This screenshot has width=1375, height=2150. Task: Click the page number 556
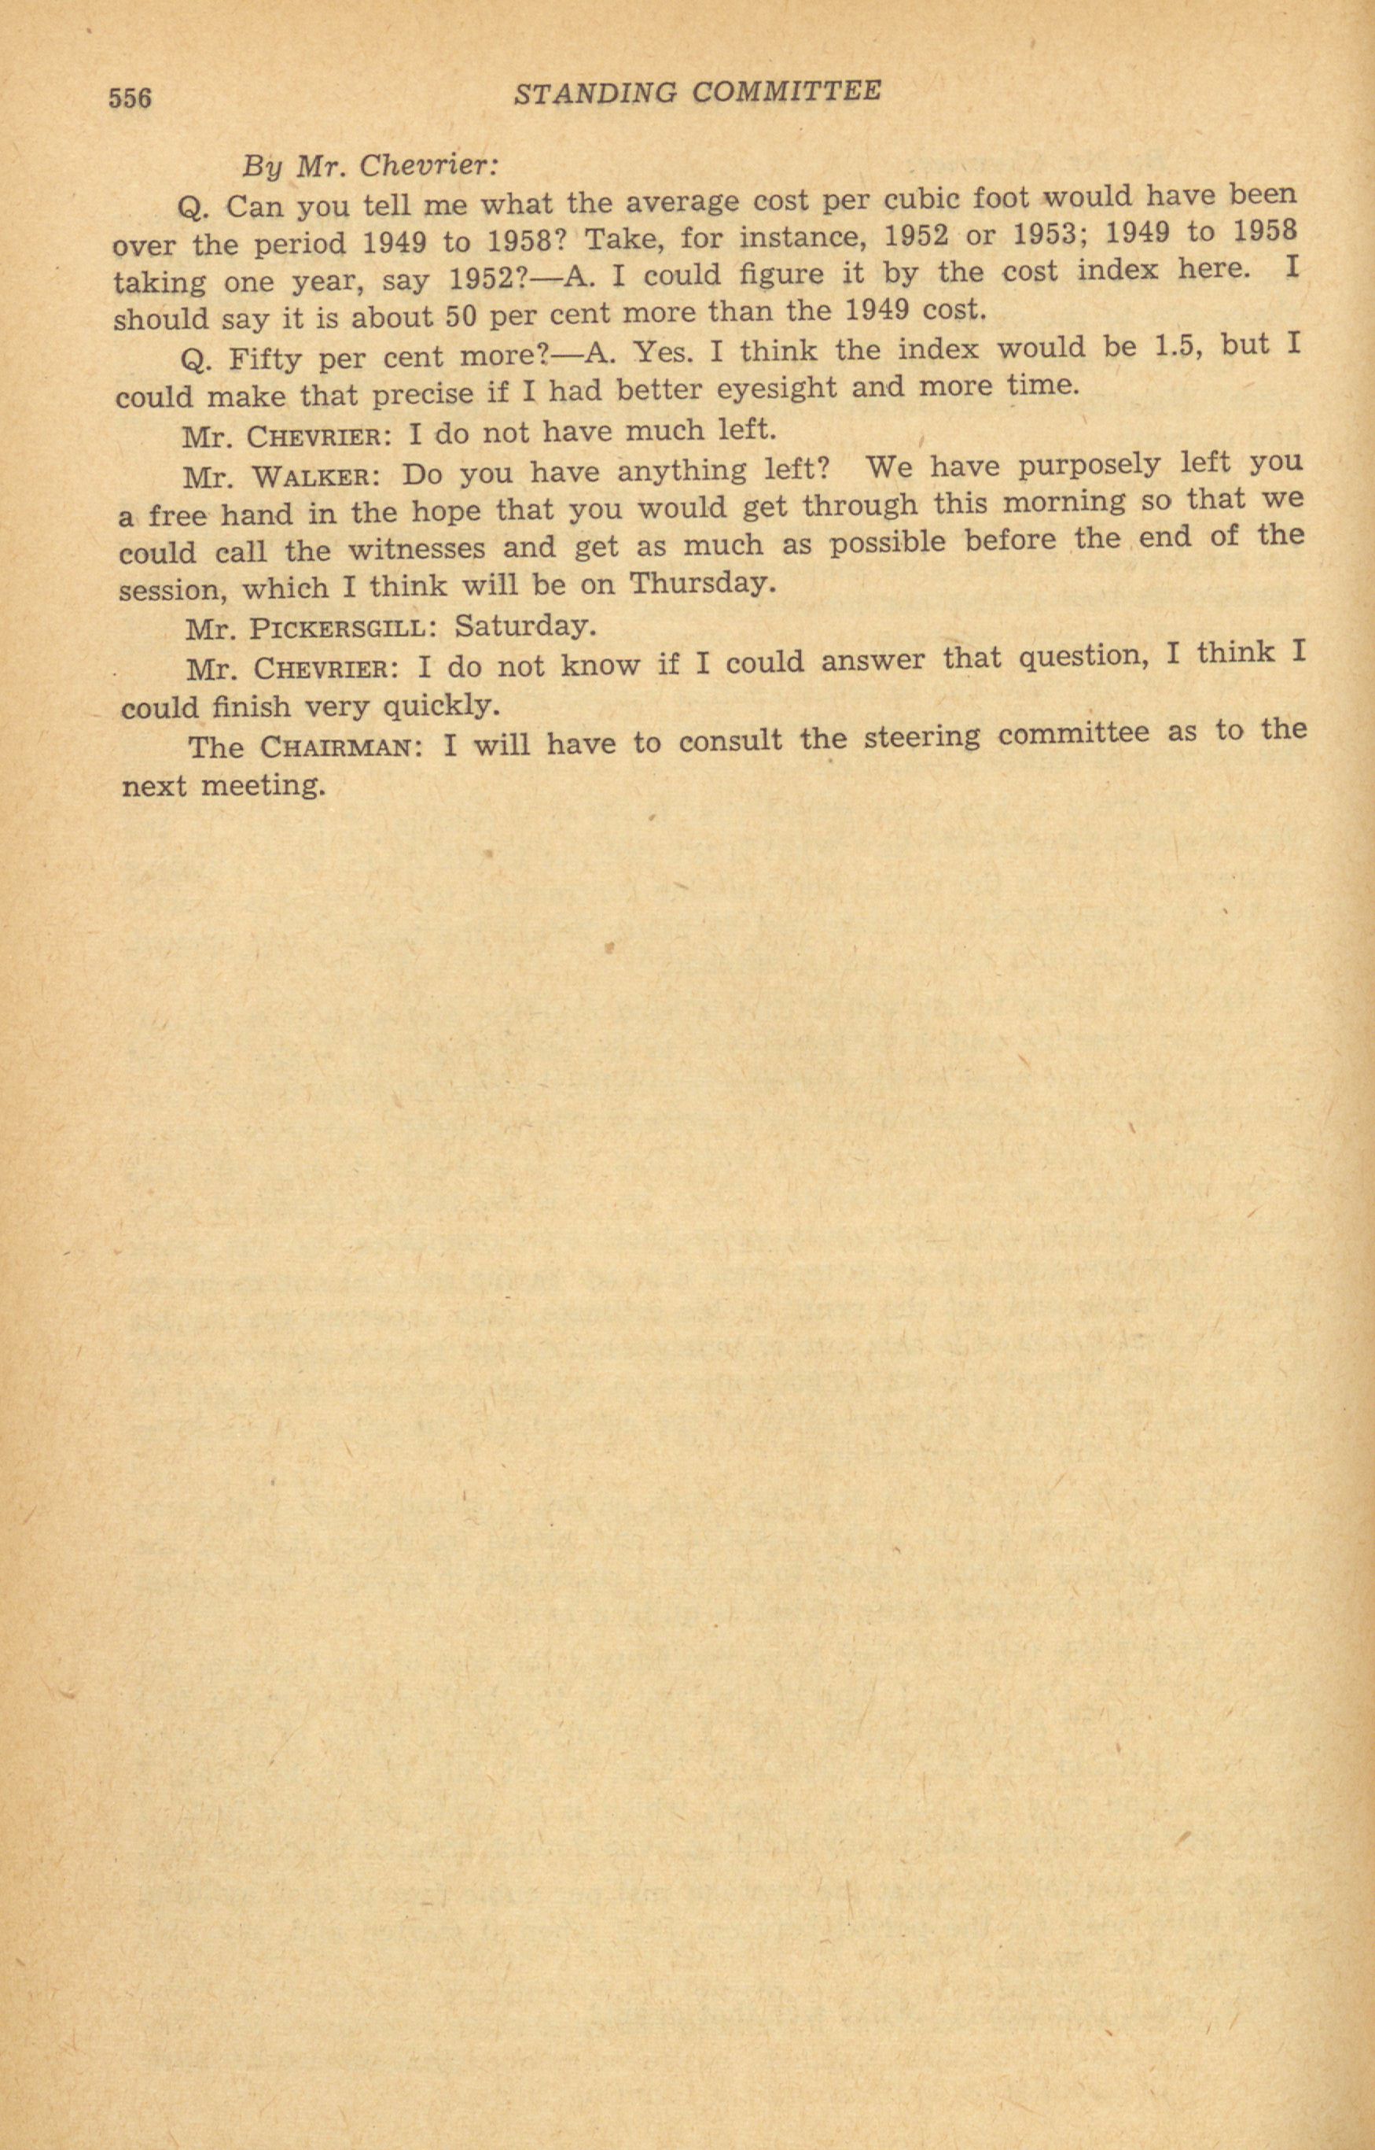click(131, 97)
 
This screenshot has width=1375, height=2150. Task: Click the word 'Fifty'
click(266, 359)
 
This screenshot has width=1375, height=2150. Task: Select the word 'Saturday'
click(524, 625)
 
